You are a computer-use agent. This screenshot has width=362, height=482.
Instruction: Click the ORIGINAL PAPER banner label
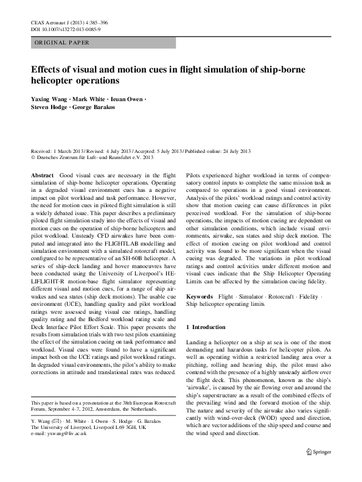62,43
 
